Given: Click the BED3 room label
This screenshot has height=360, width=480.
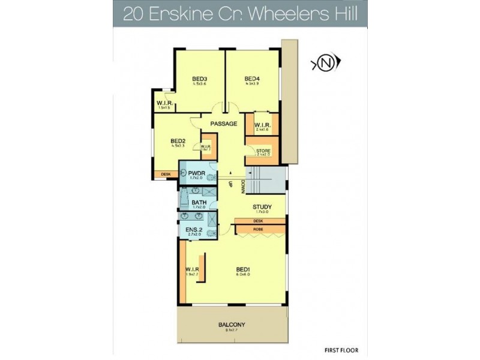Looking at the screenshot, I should (200, 79).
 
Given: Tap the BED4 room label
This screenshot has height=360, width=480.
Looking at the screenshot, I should (252, 79).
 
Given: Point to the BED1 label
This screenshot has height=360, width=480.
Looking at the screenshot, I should (242, 269).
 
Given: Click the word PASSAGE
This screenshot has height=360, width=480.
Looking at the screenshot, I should (223, 124).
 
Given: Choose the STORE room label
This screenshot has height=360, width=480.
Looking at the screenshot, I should (263, 150).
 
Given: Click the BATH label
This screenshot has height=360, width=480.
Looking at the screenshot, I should (199, 203).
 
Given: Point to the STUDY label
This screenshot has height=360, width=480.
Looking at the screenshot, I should (262, 207).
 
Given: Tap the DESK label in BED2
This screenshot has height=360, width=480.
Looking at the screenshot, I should (166, 175).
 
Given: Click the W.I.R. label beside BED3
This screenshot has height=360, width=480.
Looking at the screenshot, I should (164, 103).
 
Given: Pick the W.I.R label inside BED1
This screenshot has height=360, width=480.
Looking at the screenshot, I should (193, 269).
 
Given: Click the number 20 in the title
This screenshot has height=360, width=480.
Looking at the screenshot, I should (134, 14).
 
